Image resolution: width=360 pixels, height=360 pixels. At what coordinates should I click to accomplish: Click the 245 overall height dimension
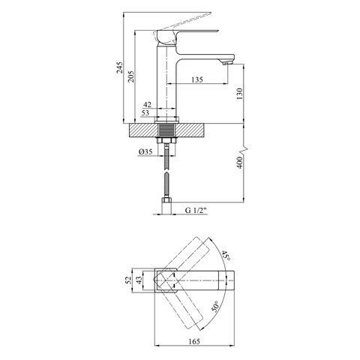pyautogui.click(x=120, y=67)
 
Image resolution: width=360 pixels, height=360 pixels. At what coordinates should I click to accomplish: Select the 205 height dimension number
pyautogui.click(x=130, y=76)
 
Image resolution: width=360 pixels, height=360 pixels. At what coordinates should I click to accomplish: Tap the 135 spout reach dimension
pyautogui.click(x=197, y=79)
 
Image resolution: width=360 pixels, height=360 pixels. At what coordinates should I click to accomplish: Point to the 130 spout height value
pyautogui.click(x=239, y=94)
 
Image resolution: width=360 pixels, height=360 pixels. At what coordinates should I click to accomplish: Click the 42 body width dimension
pyautogui.click(x=147, y=104)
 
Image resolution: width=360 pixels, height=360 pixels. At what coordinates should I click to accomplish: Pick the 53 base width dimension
pyautogui.click(x=145, y=112)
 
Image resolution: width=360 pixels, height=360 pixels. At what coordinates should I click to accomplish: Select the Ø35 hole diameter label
pyautogui.click(x=145, y=151)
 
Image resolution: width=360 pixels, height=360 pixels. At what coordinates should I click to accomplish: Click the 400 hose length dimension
pyautogui.click(x=239, y=163)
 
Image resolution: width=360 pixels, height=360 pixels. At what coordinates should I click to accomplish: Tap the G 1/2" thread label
pyautogui.click(x=196, y=211)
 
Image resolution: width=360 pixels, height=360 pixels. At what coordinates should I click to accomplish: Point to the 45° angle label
pyautogui.click(x=226, y=255)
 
